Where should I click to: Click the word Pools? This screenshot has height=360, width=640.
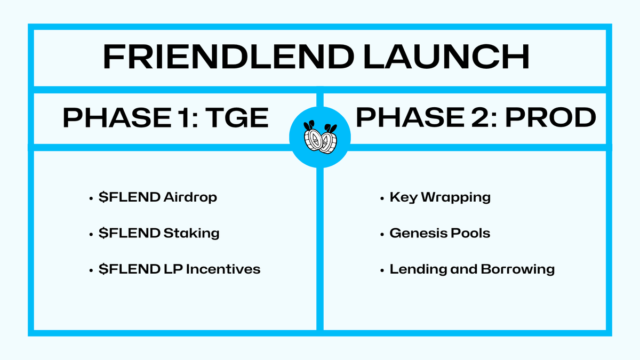click(x=471, y=233)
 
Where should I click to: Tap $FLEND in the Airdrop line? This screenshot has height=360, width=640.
click(x=129, y=197)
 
